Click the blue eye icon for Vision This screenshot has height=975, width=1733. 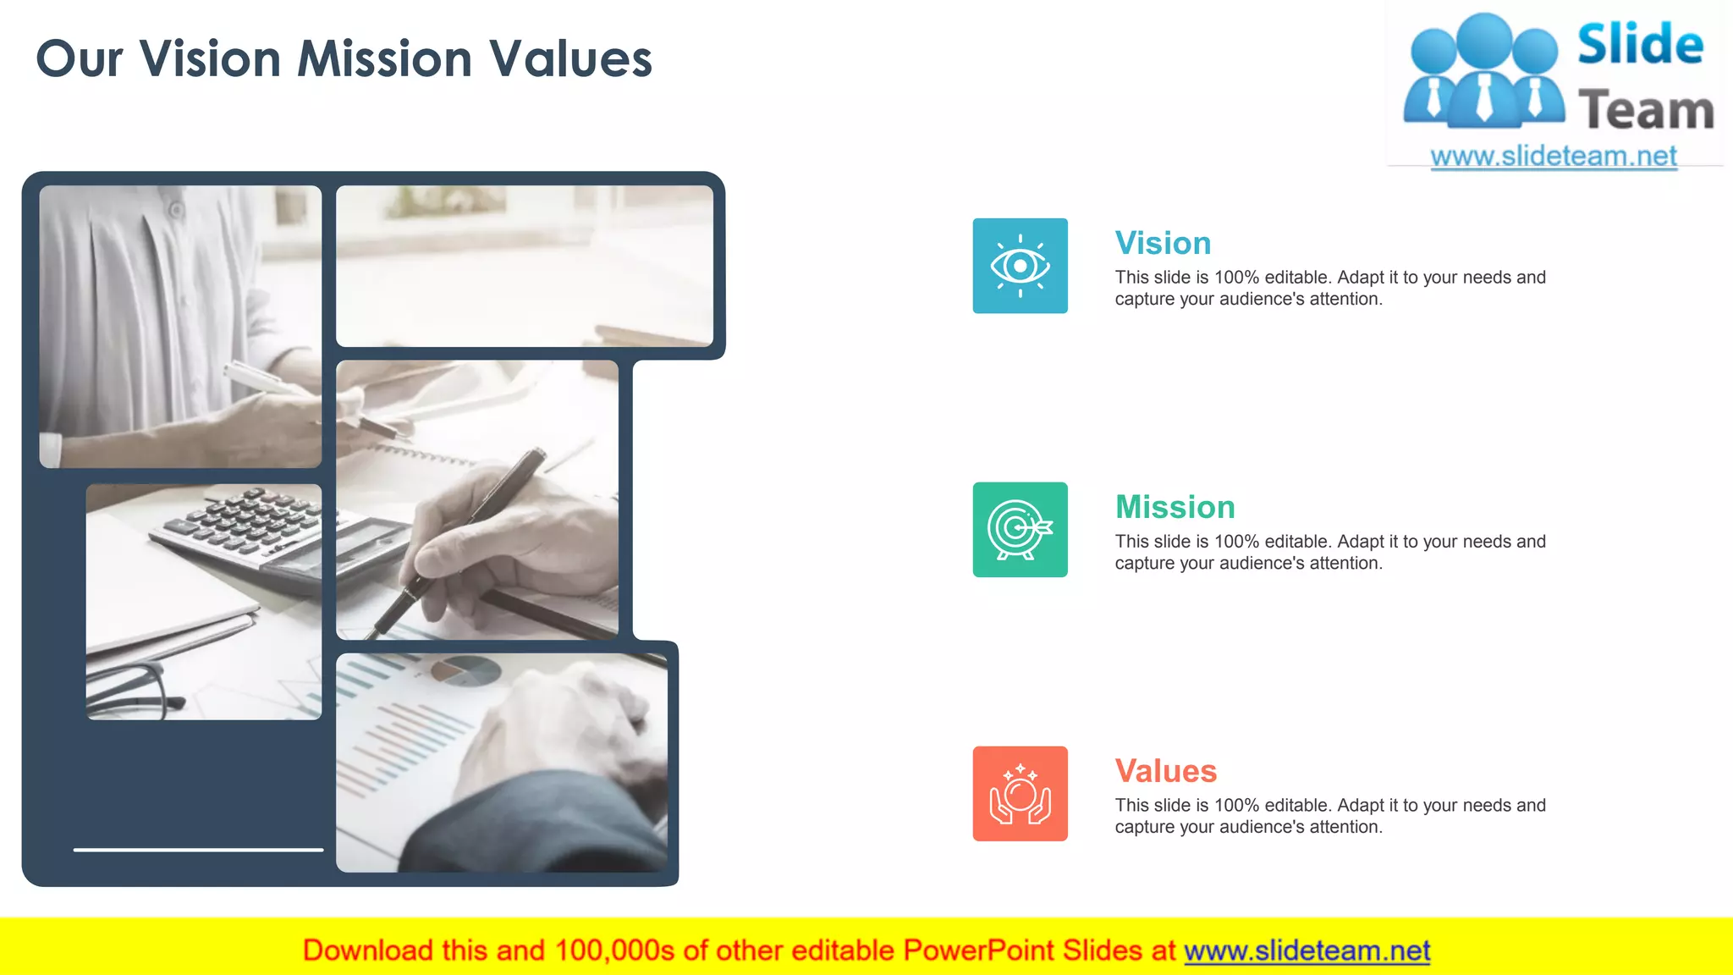pyautogui.click(x=1020, y=266)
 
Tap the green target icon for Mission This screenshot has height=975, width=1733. pyautogui.click(x=1020, y=530)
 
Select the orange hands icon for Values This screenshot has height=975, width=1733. pyautogui.click(x=1020, y=794)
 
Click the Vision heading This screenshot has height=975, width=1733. pyautogui.click(x=1163, y=244)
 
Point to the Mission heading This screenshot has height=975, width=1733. pyautogui.click(x=1175, y=508)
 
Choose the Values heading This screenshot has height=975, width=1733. pyautogui.click(x=1165, y=772)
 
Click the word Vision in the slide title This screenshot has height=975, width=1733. pyautogui.click(x=210, y=59)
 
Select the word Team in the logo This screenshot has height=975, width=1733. pyautogui.click(x=1646, y=111)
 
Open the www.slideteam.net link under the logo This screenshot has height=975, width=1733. pyautogui.click(x=1554, y=157)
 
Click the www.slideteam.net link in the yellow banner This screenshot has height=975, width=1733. pyautogui.click(x=1307, y=951)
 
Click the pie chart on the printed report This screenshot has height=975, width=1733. pyautogui.click(x=465, y=671)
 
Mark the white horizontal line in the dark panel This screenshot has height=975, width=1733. pyautogui.click(x=198, y=849)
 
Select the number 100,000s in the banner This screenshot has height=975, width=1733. pyautogui.click(x=614, y=951)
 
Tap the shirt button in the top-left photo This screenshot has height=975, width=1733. pyautogui.click(x=176, y=209)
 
